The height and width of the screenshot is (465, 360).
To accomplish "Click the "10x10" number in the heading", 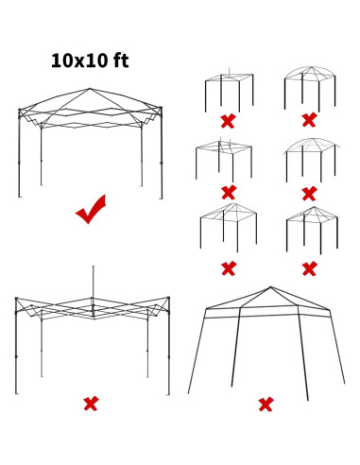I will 77,61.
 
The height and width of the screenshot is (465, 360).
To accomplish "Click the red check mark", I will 91,210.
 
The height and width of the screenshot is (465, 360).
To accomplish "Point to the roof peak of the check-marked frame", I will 90,90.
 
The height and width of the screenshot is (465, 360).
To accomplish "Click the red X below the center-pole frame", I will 91,404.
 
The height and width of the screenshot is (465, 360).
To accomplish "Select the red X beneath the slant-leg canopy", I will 266,404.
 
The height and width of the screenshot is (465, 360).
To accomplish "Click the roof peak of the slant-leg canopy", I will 271,288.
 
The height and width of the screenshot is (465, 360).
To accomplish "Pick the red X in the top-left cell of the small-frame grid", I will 228,121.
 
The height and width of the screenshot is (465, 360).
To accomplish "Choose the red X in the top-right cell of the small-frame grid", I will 309,120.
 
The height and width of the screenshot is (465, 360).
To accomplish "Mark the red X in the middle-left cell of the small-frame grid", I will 228,194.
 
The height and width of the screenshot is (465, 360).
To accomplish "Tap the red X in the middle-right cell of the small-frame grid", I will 309,194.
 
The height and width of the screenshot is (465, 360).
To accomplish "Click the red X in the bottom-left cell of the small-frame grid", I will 228,268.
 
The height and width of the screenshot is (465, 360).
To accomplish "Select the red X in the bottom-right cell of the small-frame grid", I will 309,268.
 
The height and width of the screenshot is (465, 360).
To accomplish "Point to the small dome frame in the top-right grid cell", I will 309,88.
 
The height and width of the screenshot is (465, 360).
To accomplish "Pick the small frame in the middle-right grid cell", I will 309,159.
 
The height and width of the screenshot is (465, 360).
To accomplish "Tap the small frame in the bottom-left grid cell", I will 227,227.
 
